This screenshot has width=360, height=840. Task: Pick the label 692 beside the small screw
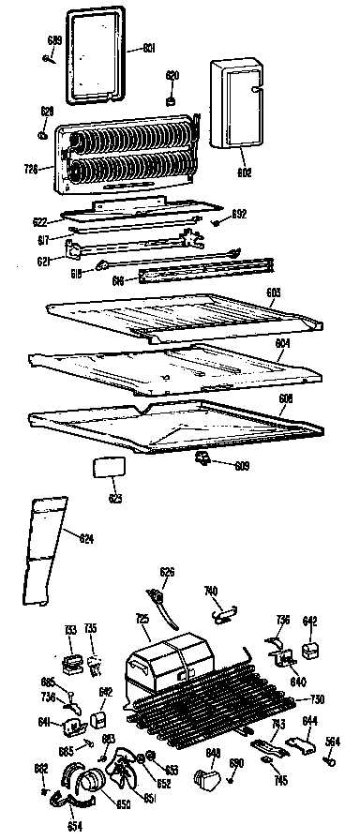point(239,215)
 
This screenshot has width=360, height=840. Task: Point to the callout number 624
point(86,538)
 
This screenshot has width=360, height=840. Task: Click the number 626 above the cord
point(167,571)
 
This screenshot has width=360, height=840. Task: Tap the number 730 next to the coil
point(317,698)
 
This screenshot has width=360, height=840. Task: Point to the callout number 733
point(69,629)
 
